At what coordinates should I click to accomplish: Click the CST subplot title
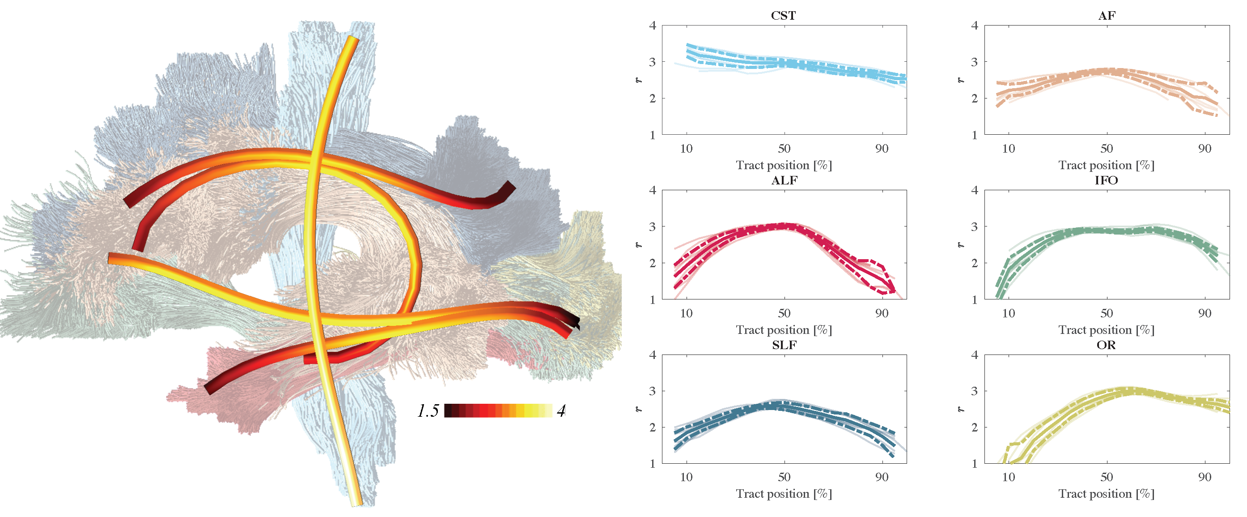[x=783, y=16]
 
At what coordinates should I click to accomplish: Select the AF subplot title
[x=1107, y=16]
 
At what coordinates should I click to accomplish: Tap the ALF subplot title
[x=784, y=180]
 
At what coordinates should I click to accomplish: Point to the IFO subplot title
[x=1106, y=180]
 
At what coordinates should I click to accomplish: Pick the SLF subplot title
[x=784, y=345]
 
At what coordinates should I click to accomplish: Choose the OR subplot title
[x=1106, y=345]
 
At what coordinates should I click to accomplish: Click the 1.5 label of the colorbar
[x=428, y=411]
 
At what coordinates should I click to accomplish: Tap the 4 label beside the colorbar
[x=561, y=411]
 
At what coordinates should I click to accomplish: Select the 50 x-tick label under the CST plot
[x=784, y=148]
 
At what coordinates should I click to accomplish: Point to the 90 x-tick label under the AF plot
[x=1205, y=148]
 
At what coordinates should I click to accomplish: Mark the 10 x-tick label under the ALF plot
[x=686, y=313]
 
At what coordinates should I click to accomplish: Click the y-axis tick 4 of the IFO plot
[x=975, y=190]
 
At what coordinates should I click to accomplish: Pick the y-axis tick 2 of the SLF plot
[x=653, y=427]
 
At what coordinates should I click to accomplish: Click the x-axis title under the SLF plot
[x=784, y=494]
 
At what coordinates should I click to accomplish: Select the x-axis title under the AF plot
[x=1106, y=165]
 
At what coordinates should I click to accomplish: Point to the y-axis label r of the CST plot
[x=639, y=80]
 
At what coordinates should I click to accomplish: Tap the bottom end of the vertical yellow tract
[x=357, y=503]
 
